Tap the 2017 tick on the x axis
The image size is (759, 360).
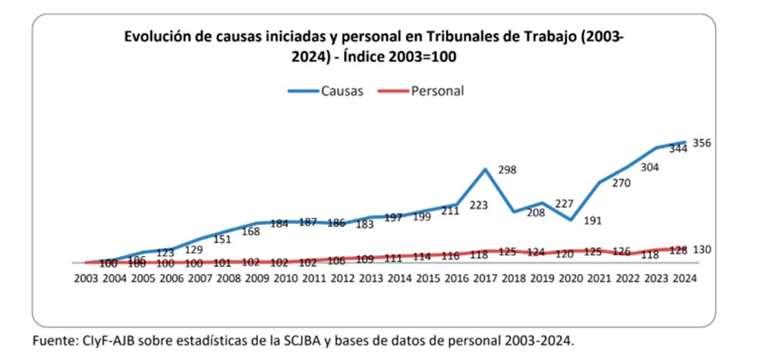point(486,278)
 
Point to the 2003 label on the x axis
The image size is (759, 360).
point(86,278)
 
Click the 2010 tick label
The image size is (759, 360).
point(285,278)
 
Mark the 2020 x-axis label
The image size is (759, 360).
point(572,278)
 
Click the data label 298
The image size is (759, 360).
point(506,169)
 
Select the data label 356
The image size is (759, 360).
point(702,143)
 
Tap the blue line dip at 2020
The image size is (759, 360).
point(572,220)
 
